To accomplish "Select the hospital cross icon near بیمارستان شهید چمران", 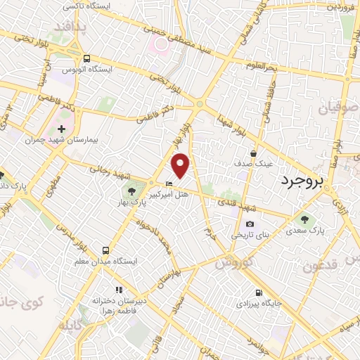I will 62,129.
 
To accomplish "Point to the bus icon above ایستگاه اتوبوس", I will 86,59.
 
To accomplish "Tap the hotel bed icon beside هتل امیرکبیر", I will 168,184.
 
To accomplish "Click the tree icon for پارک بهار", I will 131,191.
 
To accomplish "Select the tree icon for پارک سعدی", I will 304,219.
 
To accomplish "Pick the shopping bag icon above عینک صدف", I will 254,153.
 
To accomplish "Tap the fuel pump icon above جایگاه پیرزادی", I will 260,293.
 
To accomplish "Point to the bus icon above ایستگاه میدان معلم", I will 105,250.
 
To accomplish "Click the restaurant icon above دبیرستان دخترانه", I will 120,289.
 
